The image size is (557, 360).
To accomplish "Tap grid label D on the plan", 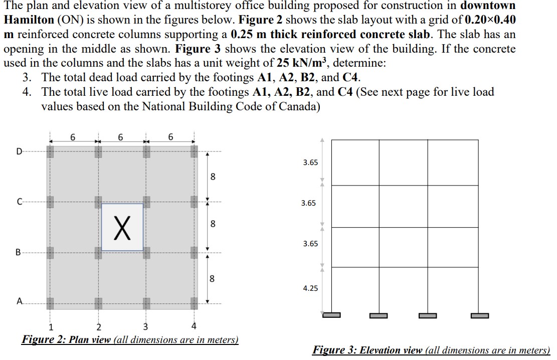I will click(19, 151).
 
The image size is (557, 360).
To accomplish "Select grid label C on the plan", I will click(19, 203).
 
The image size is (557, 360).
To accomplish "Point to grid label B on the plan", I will click(19, 253).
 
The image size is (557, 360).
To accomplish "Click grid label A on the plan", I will click(19, 301).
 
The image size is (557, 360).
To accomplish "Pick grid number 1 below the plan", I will click(50, 328).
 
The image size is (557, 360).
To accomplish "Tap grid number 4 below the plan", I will click(194, 328).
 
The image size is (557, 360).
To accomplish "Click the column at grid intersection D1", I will click(50, 151).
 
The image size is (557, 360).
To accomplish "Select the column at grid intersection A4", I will click(194, 302).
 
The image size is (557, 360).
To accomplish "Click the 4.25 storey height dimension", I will click(310, 288).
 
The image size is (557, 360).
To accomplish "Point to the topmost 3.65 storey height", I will click(310, 162).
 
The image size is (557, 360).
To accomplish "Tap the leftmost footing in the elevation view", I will click(331, 315).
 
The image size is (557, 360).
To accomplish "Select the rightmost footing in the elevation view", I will click(480, 315).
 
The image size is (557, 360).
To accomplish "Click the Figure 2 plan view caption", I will click(130, 340).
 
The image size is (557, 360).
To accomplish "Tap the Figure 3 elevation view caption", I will click(431, 350).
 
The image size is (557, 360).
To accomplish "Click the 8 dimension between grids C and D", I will click(213, 176).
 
